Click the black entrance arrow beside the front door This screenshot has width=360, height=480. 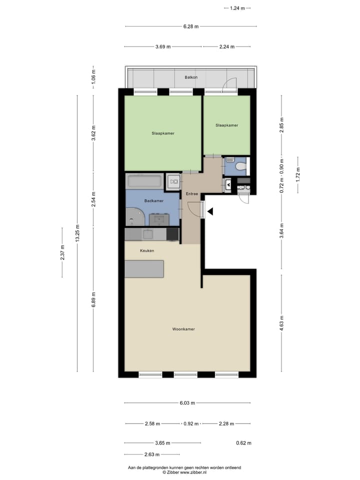(210, 212)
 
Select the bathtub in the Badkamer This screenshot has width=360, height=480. (144, 181)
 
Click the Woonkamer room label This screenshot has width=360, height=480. (183, 329)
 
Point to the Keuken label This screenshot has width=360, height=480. (147, 250)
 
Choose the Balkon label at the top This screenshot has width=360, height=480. (191, 77)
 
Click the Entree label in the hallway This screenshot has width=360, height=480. (192, 193)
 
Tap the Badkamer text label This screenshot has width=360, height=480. (154, 200)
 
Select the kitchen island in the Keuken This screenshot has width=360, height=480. (144, 269)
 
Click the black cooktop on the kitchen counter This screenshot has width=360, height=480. (172, 233)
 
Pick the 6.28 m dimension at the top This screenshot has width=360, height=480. (191, 26)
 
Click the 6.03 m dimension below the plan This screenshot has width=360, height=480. (187, 403)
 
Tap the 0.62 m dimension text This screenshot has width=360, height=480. (243, 443)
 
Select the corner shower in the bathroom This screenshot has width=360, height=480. (134, 217)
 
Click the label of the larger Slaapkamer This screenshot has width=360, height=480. (163, 133)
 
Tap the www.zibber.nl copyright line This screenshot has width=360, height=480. (184, 472)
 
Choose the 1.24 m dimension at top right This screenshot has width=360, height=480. (237, 8)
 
